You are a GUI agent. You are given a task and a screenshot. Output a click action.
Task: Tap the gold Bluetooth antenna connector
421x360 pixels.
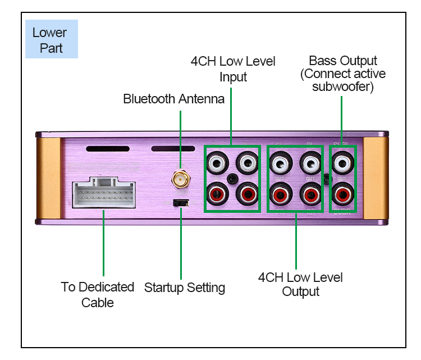[180, 180]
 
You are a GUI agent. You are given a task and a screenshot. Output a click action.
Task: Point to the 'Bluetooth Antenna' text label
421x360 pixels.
[173, 99]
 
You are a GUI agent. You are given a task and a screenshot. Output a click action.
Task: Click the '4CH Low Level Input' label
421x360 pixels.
[233, 69]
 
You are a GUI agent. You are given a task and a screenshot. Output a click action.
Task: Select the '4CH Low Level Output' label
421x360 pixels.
[300, 284]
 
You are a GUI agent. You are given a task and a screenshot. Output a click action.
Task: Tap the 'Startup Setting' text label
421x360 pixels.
[185, 288]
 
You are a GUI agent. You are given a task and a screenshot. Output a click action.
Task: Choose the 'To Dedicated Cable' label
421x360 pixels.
[98, 295]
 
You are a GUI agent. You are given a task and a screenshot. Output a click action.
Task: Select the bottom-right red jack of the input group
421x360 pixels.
[247, 195]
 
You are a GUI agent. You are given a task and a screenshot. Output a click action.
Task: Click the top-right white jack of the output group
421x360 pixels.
[310, 164]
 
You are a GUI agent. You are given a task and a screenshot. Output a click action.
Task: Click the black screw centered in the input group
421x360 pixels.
[232, 179]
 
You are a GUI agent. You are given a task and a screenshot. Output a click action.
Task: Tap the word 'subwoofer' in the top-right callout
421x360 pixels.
[343, 87]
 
